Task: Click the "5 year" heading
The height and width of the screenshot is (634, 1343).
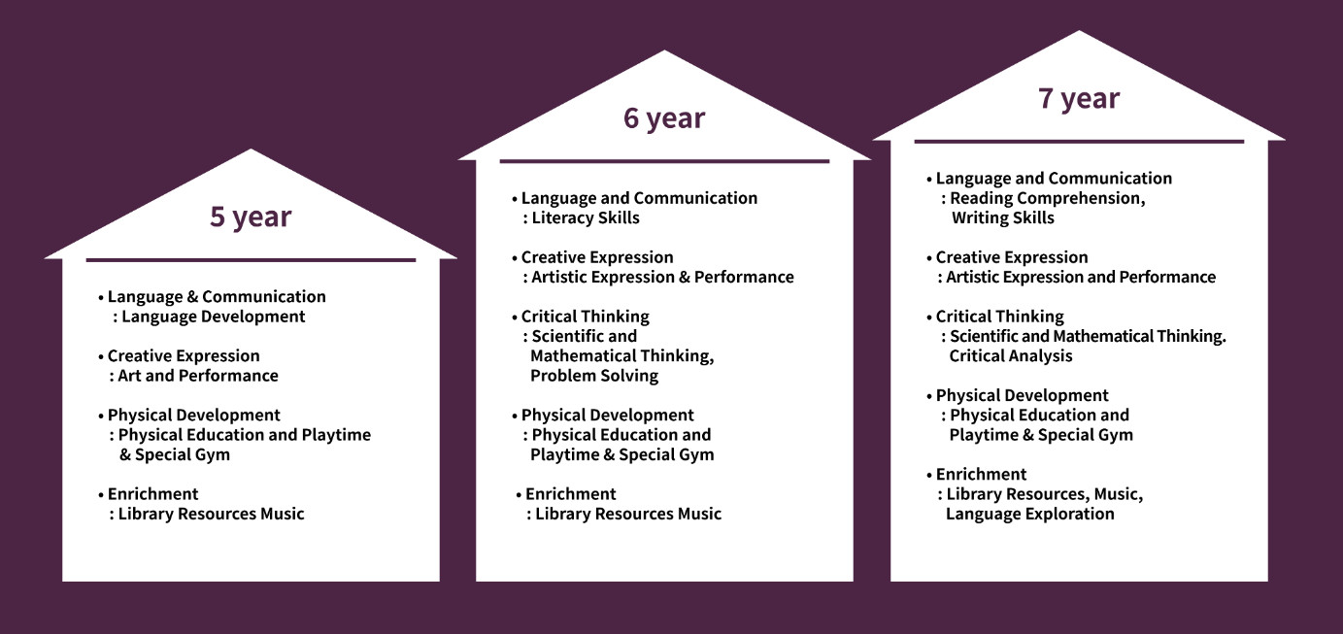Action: (x=251, y=217)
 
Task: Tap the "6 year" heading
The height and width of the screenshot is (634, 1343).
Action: (x=664, y=118)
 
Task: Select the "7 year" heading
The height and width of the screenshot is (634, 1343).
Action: (x=1079, y=98)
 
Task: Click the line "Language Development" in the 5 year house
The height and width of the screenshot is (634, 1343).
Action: (x=214, y=317)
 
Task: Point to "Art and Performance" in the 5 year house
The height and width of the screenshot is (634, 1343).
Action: (x=198, y=376)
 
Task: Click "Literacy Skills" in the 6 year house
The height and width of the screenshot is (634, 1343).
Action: (x=586, y=217)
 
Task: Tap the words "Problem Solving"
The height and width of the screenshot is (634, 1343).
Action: (x=594, y=376)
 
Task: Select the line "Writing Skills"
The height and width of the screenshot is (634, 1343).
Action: (x=1002, y=217)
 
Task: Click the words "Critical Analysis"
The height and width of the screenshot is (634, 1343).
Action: (x=1011, y=356)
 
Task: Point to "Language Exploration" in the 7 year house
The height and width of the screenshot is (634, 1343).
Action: (x=1030, y=515)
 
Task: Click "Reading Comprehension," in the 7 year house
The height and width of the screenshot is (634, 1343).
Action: (x=1048, y=198)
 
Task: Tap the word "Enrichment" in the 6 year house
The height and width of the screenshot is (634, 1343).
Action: (x=571, y=494)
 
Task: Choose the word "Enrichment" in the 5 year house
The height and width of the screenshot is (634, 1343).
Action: (x=152, y=494)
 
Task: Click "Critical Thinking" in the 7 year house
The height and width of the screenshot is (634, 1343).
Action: (x=1000, y=317)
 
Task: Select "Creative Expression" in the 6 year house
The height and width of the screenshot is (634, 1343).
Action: (x=597, y=257)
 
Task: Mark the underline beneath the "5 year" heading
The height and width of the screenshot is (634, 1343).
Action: (x=251, y=260)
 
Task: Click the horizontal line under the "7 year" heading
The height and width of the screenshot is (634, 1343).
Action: (x=1079, y=142)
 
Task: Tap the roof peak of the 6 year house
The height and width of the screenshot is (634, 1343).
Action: (x=664, y=50)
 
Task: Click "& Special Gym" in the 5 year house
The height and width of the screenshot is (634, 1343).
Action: (x=175, y=454)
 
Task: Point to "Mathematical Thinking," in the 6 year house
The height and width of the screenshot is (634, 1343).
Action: (x=622, y=356)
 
